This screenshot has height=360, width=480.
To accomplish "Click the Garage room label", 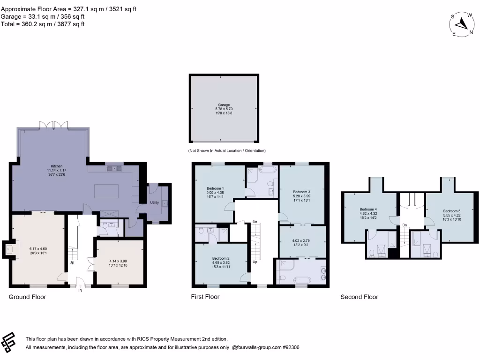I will [224, 105].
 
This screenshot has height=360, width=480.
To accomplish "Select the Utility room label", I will [154, 203].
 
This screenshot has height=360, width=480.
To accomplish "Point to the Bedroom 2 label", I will [220, 258].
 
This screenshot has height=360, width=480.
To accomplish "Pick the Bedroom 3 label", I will [301, 192].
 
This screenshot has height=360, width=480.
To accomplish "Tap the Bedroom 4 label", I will [368, 209].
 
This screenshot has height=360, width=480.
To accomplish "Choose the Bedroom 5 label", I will [451, 211].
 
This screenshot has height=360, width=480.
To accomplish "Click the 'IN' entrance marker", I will [81, 291].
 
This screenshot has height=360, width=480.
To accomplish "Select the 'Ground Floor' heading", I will [28, 297].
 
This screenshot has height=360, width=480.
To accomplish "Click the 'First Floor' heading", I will [205, 297].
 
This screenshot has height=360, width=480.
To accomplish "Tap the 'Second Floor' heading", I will [359, 297].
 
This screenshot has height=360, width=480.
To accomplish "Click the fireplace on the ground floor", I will [9, 249].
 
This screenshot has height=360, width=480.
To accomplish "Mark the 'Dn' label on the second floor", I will [405, 225].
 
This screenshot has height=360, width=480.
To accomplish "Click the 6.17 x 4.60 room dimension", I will [38, 248].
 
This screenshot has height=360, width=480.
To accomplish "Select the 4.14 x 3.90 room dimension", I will [119, 260].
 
